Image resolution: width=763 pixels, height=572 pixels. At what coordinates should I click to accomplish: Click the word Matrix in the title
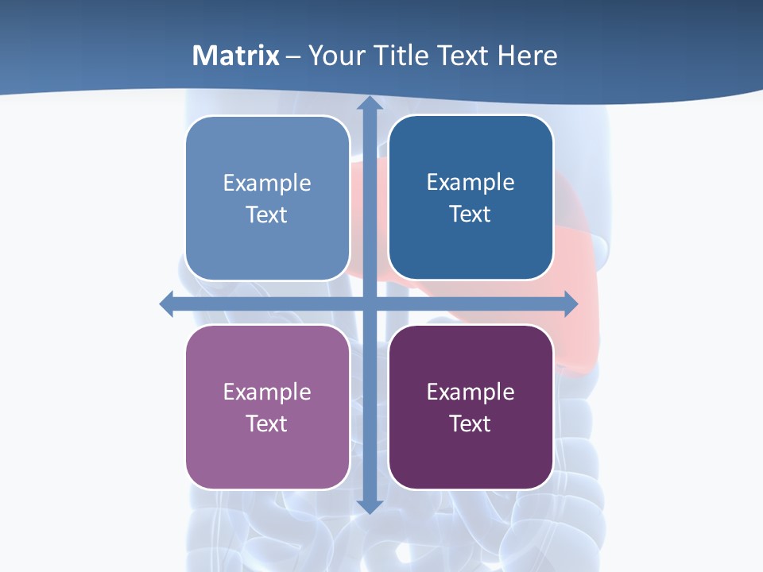pos(236,56)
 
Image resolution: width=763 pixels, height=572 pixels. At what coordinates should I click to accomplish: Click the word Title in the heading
pos(400,56)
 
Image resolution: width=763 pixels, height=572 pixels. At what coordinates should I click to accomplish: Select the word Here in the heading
pos(528,56)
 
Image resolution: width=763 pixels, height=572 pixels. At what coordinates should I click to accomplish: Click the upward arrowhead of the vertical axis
pos(370,103)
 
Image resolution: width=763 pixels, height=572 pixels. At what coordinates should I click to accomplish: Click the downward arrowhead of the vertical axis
pos(370,505)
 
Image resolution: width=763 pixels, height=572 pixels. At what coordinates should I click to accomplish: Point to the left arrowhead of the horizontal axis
pos(167,303)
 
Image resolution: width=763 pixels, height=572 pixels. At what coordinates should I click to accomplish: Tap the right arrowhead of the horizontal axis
pos(571,303)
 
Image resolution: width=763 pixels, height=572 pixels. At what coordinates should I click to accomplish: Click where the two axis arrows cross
pos(370,303)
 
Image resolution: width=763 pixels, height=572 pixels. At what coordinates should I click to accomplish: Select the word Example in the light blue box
pos(267,184)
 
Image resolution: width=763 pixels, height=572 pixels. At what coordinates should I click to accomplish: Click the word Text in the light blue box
pos(266,215)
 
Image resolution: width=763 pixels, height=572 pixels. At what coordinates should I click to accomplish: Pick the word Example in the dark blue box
pos(471,183)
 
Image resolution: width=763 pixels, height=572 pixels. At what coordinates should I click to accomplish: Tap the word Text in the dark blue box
pos(470,214)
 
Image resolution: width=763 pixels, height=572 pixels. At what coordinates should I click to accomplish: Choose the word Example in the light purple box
pos(267,392)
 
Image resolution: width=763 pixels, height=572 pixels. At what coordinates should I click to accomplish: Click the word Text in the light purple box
pos(266,424)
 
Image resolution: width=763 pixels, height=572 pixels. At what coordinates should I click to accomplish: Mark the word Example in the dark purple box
pos(471,392)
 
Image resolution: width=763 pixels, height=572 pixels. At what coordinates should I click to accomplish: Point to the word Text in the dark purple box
pos(470,424)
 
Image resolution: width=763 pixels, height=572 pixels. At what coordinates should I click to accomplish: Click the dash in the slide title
pos(293,56)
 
